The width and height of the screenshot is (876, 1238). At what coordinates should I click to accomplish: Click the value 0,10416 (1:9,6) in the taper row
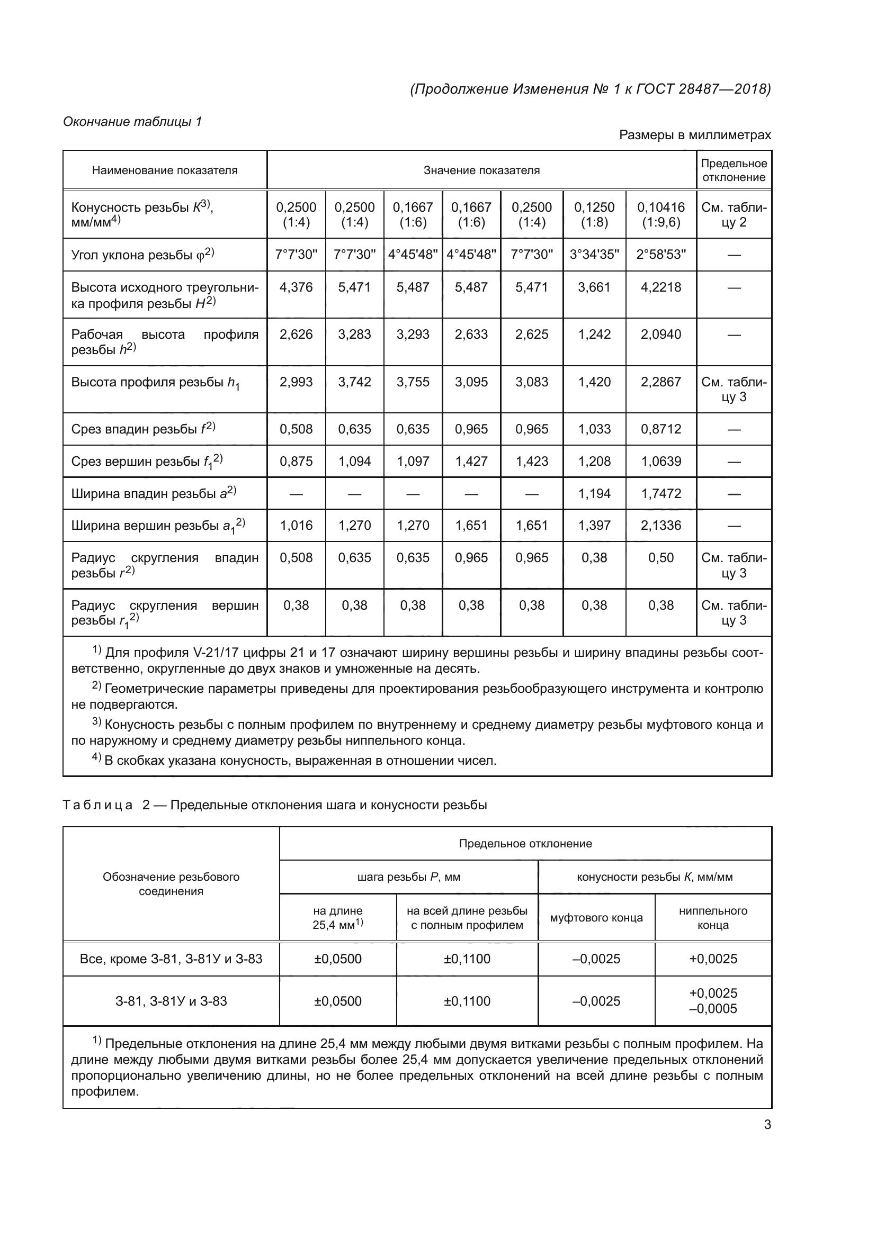pos(661,214)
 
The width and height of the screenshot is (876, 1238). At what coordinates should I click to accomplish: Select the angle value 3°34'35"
pos(594,255)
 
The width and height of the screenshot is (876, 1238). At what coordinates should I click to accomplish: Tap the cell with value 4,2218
pos(661,287)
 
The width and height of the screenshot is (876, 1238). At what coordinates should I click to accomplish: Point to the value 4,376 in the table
pos(296,287)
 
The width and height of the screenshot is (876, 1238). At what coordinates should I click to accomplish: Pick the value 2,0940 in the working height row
pos(661,335)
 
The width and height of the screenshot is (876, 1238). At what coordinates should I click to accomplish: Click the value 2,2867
pos(661,382)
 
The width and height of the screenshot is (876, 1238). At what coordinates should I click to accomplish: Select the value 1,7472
pos(661,493)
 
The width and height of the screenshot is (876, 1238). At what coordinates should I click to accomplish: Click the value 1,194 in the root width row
pos(594,493)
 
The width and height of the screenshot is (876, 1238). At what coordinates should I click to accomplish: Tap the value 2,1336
pos(661,525)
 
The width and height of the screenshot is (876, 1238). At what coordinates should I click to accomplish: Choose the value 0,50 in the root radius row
pos(661,557)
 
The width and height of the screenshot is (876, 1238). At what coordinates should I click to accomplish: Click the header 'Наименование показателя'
pos(165,170)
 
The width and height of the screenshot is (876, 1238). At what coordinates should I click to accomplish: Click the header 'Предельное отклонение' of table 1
pos(734,170)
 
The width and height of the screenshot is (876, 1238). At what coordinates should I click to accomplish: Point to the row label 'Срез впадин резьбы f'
pos(143,429)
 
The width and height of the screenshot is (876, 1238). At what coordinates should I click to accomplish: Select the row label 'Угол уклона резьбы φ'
pos(143,255)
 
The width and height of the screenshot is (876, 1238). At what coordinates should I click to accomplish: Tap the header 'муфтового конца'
pos(596,918)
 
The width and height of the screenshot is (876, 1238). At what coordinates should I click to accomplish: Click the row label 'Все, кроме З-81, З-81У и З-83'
pos(171,959)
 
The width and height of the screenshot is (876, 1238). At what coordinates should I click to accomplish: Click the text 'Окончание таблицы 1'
pos(132,122)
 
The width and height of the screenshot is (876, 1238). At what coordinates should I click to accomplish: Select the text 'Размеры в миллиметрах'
pos(695,135)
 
